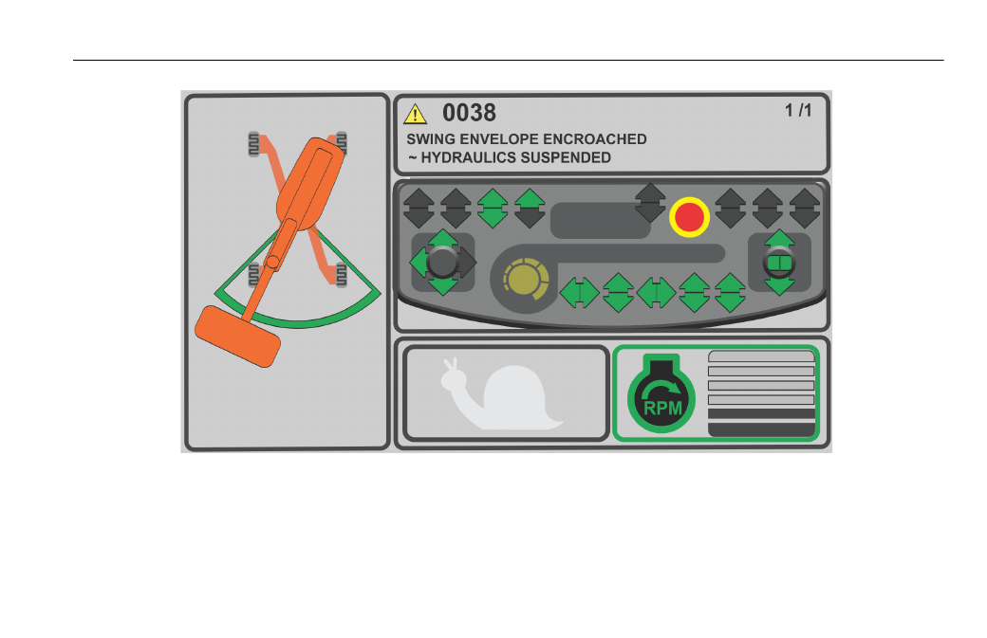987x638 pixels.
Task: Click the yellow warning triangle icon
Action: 415,115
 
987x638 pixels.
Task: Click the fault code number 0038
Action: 469,113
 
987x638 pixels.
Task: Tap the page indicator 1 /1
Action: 798,111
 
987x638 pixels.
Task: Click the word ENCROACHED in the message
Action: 594,139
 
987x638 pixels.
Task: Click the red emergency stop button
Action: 689,217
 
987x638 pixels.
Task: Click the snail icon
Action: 502,394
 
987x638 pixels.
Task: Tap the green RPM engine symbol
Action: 661,393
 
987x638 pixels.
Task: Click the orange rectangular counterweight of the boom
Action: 238,337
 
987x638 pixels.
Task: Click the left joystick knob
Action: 442,262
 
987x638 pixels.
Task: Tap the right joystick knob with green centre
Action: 779,262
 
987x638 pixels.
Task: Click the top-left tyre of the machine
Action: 253,144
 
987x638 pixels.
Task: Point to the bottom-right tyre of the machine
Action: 342,275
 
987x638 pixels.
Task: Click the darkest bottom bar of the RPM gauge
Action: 762,429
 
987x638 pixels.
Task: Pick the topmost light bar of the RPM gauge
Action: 762,356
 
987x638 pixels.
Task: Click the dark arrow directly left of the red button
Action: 650,203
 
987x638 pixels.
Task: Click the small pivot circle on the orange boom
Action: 273,262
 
